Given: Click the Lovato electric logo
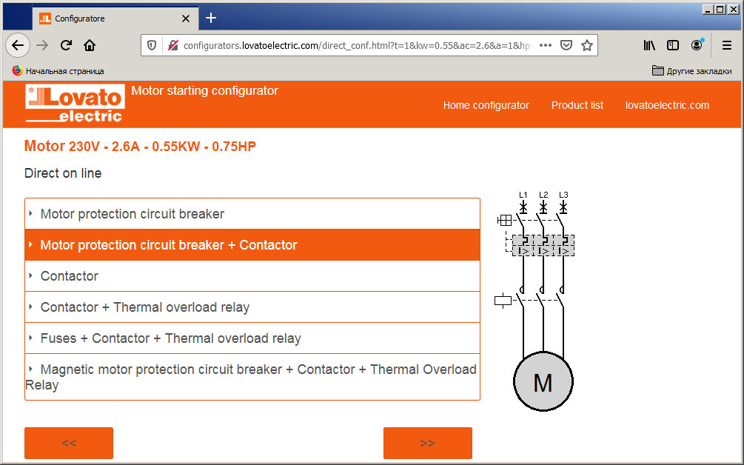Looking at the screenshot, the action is (75, 103).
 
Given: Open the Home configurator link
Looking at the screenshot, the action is (486, 105).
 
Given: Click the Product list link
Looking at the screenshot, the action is (577, 105).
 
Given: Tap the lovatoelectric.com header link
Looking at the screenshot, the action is (667, 105).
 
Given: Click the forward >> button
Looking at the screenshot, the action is (427, 443).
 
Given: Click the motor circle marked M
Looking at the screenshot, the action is (543, 381).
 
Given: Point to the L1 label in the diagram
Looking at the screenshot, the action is (523, 195).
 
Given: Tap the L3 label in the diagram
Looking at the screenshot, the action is (563, 195).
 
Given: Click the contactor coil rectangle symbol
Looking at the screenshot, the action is (503, 300).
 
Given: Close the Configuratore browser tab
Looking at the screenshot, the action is (186, 19).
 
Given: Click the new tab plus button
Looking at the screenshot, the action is (211, 18).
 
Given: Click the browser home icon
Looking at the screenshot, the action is (90, 45).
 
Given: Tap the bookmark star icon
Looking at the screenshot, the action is (587, 45).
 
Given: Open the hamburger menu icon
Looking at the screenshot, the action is (726, 45).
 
